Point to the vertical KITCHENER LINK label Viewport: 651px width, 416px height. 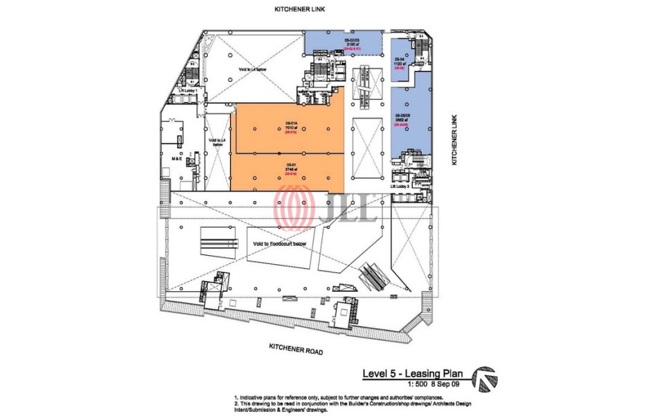pos(455,139)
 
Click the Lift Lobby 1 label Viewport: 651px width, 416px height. pos(188,91)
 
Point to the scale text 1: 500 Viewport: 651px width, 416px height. pos(417,384)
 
